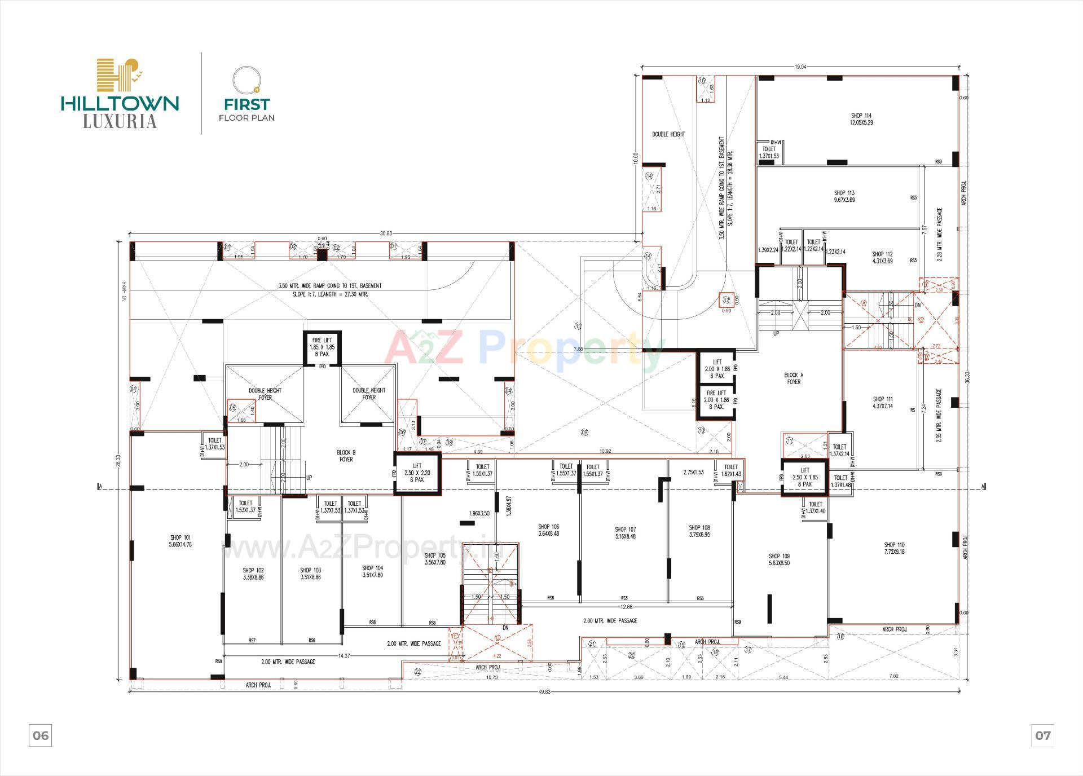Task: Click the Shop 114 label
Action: [x=861, y=119]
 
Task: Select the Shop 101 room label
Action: [x=180, y=541]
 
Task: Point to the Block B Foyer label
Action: [x=346, y=456]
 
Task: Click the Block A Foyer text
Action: [x=794, y=378]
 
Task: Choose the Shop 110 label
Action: [x=894, y=548]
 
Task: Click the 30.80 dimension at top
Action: [x=385, y=233]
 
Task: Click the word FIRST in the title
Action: [x=246, y=104]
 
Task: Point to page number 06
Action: [x=41, y=735]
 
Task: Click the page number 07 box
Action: [x=1042, y=735]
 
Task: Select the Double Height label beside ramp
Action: [x=668, y=134]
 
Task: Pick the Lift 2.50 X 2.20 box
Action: [x=417, y=473]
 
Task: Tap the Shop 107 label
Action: [x=625, y=533]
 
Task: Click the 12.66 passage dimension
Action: [x=626, y=607]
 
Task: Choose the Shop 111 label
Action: [x=883, y=402]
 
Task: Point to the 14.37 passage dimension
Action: [x=344, y=656]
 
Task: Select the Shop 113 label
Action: [x=844, y=196]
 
